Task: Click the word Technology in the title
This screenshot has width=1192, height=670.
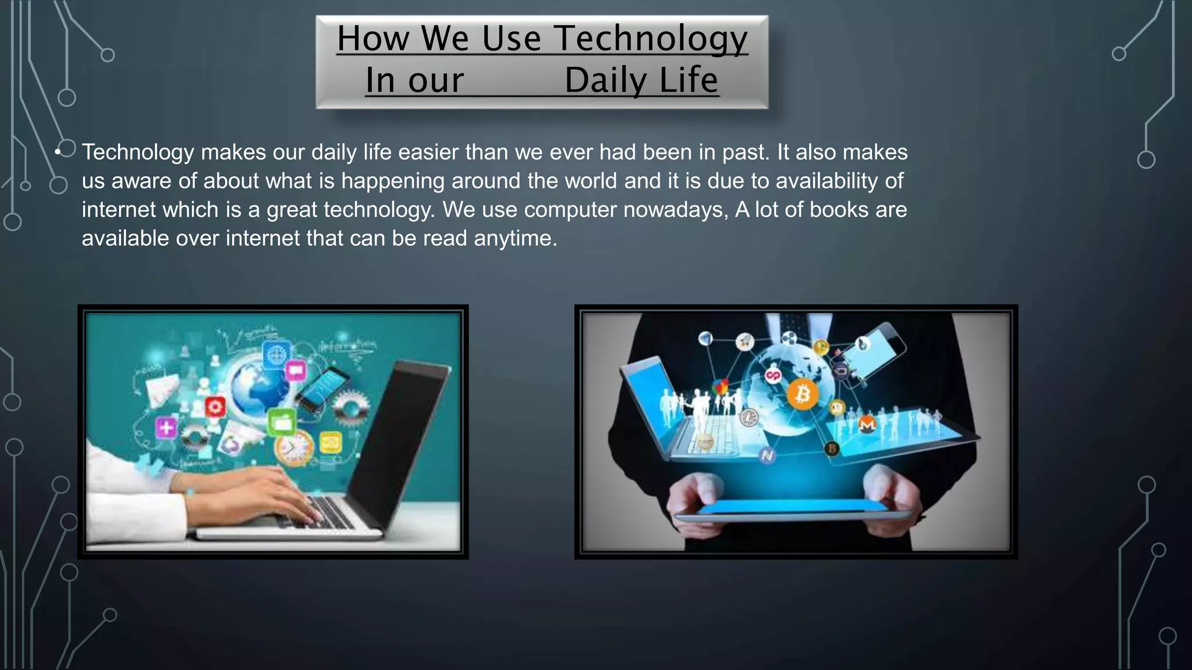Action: point(650,38)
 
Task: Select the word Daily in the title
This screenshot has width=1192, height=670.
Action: point(605,80)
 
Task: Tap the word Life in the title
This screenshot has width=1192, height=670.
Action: point(689,80)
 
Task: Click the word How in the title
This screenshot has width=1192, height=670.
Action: point(373,38)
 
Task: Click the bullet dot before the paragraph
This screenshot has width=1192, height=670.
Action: point(58,152)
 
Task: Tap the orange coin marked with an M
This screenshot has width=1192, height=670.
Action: point(867,424)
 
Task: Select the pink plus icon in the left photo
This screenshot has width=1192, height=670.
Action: point(166,427)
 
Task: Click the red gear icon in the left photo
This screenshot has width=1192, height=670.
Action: point(215,407)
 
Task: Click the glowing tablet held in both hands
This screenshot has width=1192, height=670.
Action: point(794,509)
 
